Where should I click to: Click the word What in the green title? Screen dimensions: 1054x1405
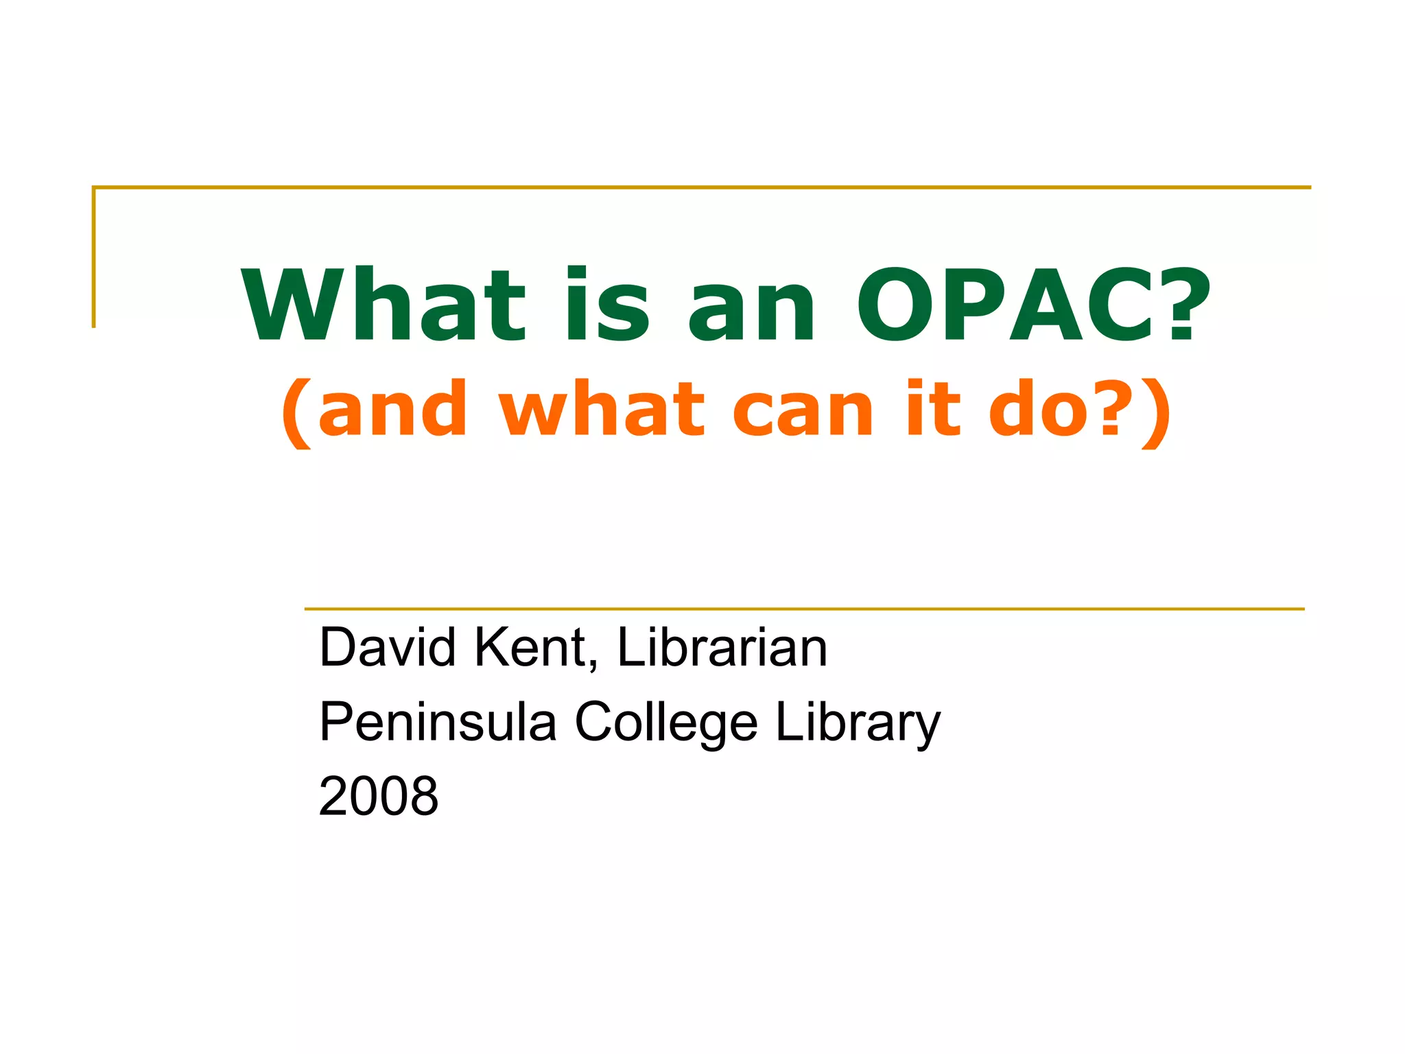[384, 305]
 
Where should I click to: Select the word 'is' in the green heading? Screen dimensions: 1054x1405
[608, 305]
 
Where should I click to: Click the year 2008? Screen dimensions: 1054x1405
[379, 796]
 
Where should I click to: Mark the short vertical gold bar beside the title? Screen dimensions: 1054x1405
[94, 257]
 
